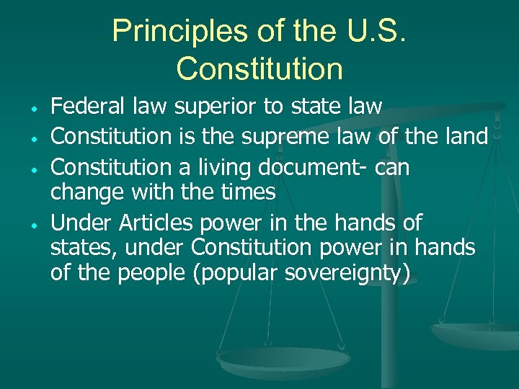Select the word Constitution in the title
pos(259,68)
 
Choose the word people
pos(152,274)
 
